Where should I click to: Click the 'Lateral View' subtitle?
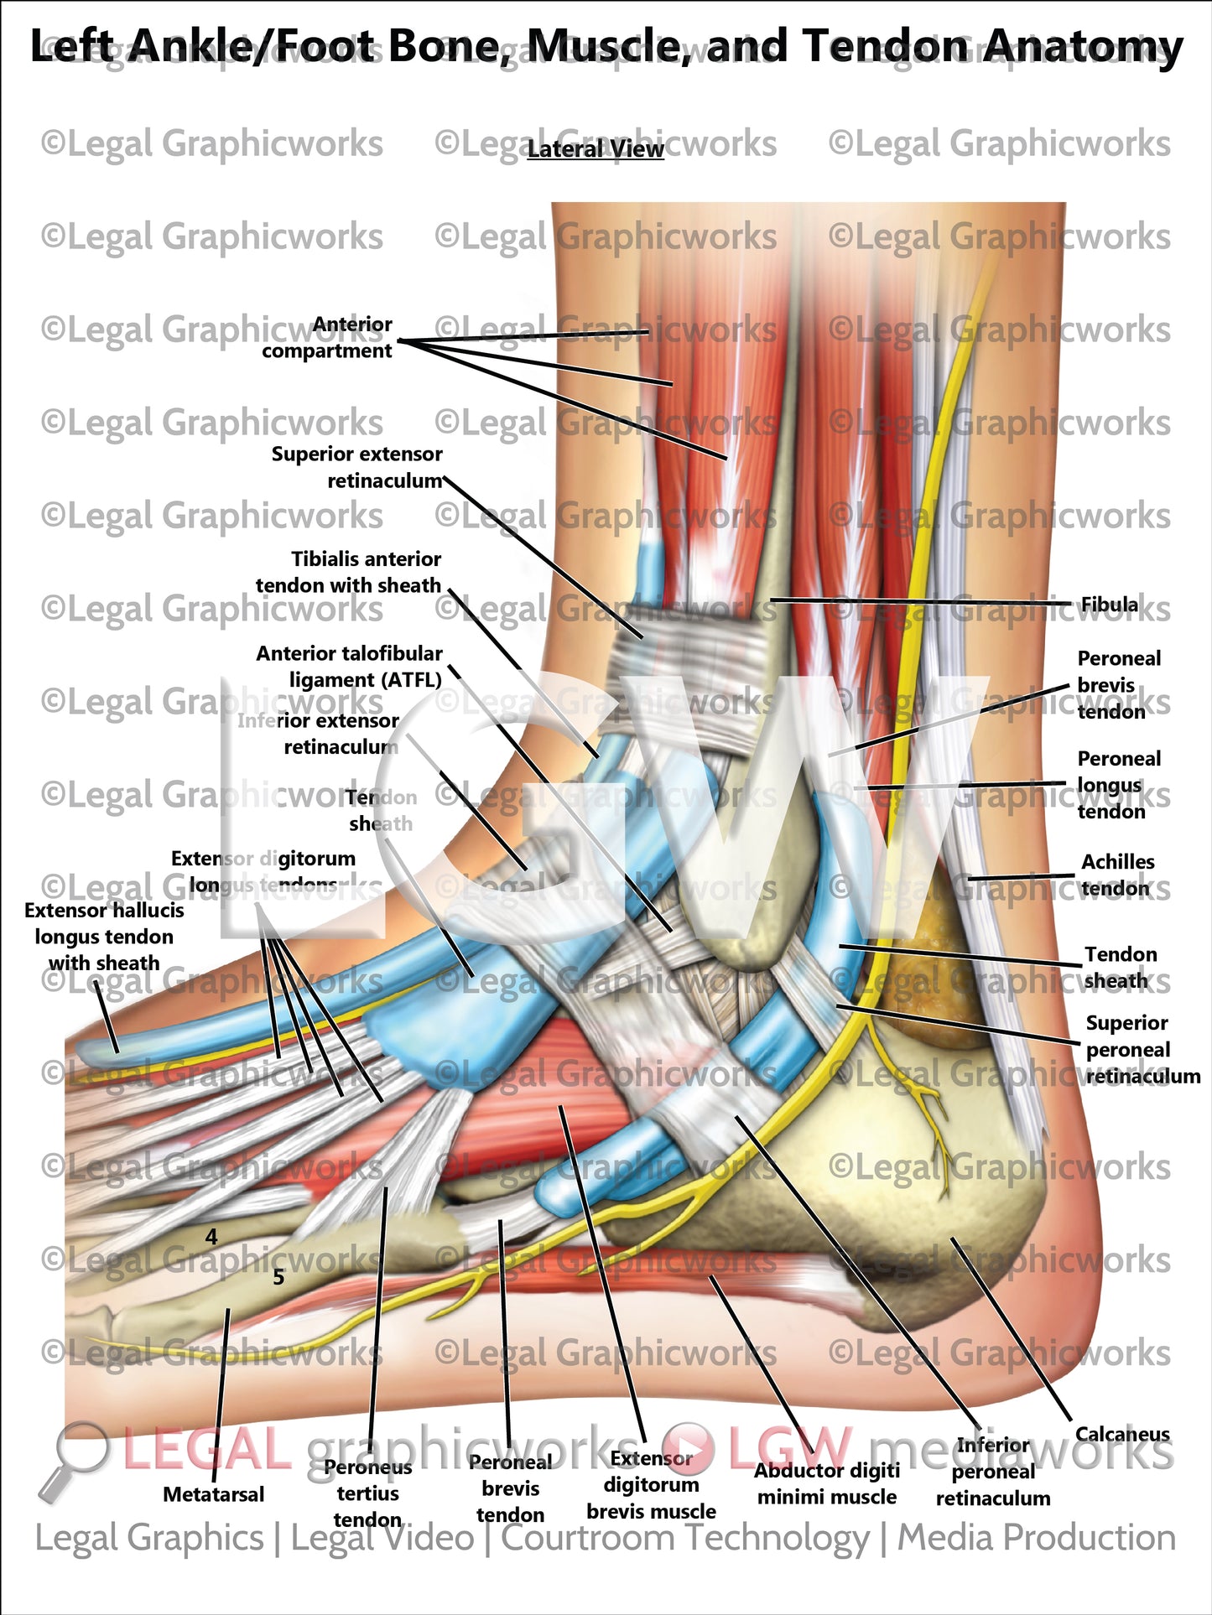596,149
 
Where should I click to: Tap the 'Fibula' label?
1109,605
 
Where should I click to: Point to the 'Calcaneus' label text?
1121,1435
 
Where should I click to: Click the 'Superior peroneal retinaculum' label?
1141,1049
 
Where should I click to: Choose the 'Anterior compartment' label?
327,337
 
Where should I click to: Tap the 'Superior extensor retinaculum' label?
357,467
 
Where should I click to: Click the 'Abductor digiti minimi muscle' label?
826,1483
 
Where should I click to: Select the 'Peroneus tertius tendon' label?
367,1493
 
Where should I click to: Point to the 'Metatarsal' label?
213,1494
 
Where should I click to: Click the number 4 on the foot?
211,1237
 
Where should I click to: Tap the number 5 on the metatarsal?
278,1277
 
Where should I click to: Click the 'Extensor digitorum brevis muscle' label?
651,1485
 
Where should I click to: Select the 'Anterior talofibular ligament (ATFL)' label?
350,666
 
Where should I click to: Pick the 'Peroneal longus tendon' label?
1118,785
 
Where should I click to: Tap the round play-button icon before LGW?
688,1448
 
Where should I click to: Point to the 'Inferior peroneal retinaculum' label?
992,1472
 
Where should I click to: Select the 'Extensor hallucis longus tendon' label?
104,937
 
